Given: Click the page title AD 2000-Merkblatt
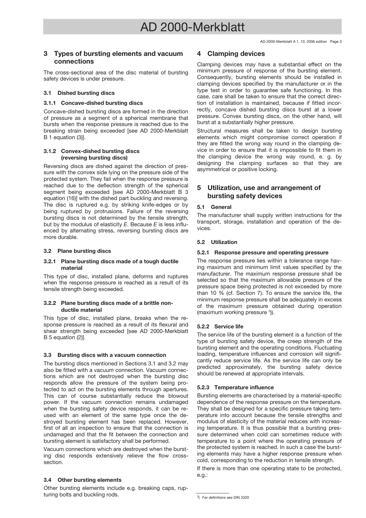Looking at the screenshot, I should (192, 27).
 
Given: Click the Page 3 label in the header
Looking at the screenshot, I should (336, 42).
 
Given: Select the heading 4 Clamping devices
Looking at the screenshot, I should (231, 54).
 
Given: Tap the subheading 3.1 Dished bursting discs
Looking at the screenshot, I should (79, 93).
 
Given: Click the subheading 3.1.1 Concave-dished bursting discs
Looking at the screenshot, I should (93, 103).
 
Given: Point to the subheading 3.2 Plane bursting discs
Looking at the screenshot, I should (77, 251).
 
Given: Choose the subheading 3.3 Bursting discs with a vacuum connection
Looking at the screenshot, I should (105, 355).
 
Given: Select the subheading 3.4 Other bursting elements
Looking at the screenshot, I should (82, 480).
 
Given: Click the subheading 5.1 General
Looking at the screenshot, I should (214, 207).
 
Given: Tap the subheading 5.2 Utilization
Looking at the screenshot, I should (217, 242).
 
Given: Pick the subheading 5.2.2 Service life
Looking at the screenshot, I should (220, 326).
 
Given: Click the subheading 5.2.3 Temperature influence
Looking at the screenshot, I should (235, 387).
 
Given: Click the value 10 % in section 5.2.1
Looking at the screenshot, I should (208, 293).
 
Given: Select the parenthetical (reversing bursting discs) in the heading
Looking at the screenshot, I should (94, 158).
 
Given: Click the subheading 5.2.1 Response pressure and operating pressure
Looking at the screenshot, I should (263, 252).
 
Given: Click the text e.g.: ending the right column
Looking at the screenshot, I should (202, 475).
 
